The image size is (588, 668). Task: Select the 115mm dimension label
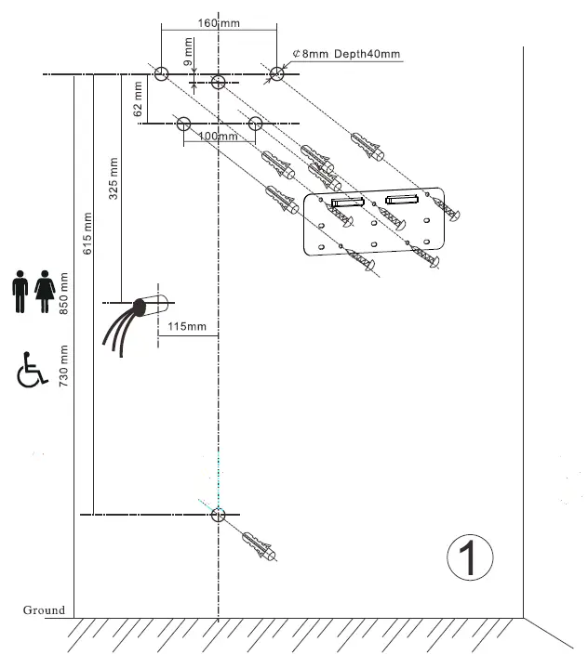click(188, 326)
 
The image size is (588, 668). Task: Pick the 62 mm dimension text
click(139, 98)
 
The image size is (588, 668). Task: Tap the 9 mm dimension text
click(189, 51)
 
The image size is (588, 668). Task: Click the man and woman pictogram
click(32, 292)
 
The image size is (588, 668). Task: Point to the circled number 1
click(469, 557)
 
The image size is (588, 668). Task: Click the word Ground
click(44, 610)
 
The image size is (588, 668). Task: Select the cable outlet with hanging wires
click(134, 321)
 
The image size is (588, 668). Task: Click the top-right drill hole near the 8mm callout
click(277, 74)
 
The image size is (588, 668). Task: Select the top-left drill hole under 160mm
click(161, 74)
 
